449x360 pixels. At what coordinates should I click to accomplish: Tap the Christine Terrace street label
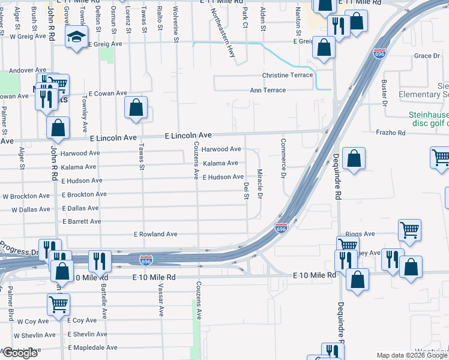[x=288, y=75]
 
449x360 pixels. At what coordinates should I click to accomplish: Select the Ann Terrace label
[x=268, y=90]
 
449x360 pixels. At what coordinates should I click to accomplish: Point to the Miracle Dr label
[x=261, y=184]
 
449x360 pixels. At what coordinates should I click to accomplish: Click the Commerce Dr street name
[x=283, y=158]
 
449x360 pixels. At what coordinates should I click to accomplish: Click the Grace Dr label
[x=427, y=56]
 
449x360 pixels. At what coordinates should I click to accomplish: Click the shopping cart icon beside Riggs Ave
[x=409, y=229]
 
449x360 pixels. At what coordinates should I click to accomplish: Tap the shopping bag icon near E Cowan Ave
[x=136, y=109]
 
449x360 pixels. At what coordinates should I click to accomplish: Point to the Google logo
[x=20, y=353]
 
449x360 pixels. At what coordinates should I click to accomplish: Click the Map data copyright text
[x=412, y=356]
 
